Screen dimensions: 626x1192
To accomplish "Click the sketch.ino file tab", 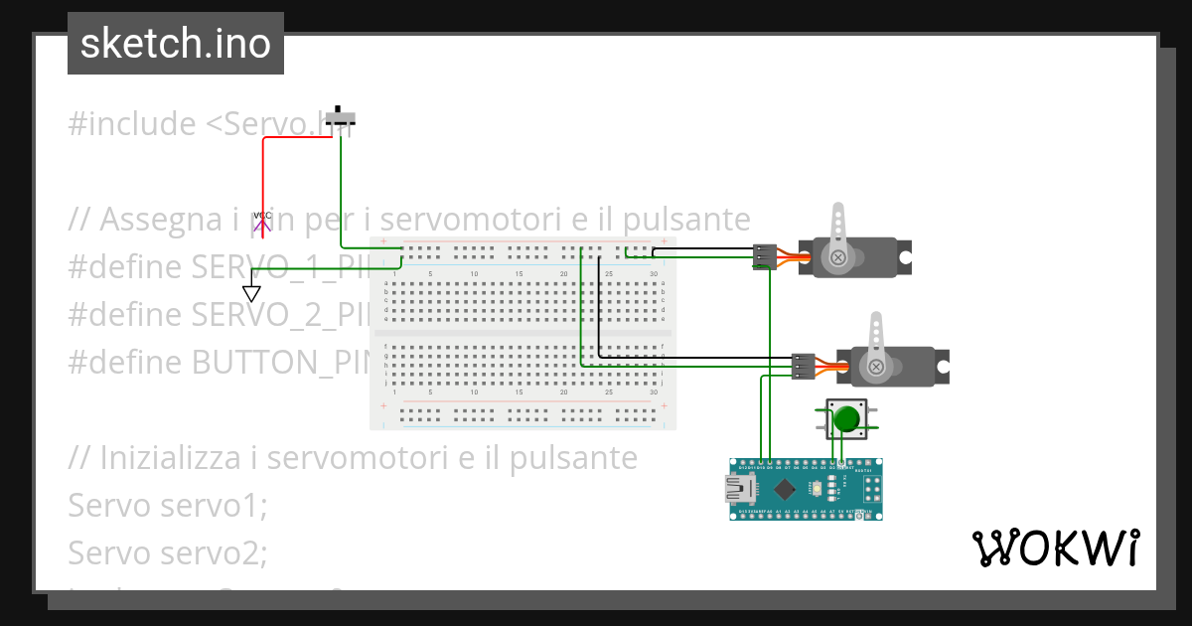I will pyautogui.click(x=176, y=44).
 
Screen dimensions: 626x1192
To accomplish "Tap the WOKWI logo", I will pyautogui.click(x=1055, y=548).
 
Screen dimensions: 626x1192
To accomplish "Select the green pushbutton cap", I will pyautogui.click(x=846, y=418).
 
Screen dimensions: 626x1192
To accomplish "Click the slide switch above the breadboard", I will pyautogui.click(x=342, y=117).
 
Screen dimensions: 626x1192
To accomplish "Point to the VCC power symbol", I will pyautogui.click(x=262, y=221).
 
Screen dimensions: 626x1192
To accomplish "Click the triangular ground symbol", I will pyautogui.click(x=251, y=293).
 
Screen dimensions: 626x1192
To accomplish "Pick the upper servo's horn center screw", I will pyautogui.click(x=839, y=257).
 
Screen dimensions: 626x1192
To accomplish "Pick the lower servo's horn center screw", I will pyautogui.click(x=876, y=367).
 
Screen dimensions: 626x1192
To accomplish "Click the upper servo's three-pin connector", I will pyautogui.click(x=764, y=257).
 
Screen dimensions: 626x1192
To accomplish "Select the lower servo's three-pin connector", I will pyautogui.click(x=803, y=367).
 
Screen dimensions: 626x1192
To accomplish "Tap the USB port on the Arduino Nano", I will pyautogui.click(x=740, y=488).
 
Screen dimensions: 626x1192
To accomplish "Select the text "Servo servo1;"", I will pyautogui.click(x=168, y=505).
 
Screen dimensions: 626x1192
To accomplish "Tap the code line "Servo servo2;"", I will pyautogui.click(x=168, y=551).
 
